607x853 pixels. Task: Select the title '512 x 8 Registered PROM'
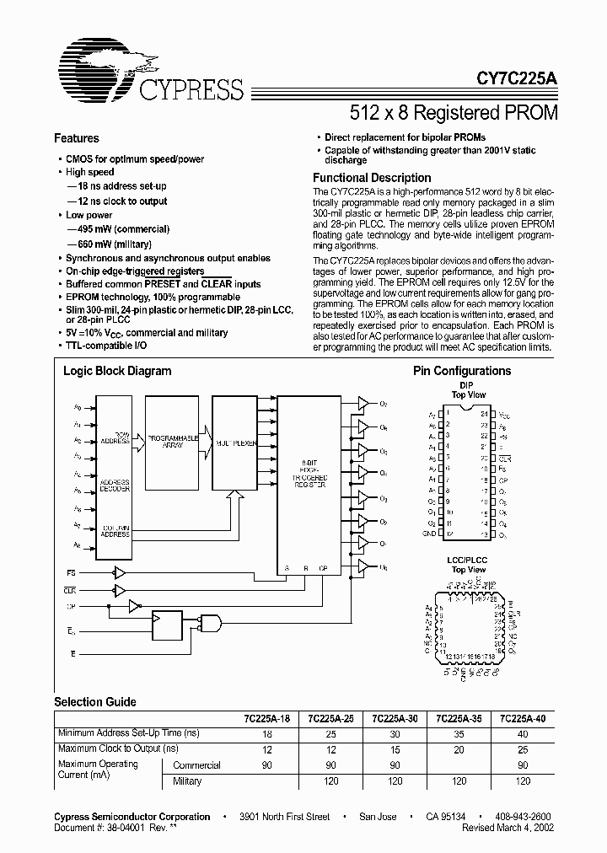coord(453,111)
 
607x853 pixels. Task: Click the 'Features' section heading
coord(77,138)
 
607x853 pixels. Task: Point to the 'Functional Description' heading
coord(372,178)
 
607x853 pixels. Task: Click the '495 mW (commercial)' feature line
coord(121,229)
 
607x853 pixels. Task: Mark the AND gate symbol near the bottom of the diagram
coord(208,624)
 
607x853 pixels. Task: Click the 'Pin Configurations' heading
coord(461,371)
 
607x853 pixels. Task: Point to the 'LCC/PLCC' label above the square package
coord(469,561)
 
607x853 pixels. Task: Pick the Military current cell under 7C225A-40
coord(523,781)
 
